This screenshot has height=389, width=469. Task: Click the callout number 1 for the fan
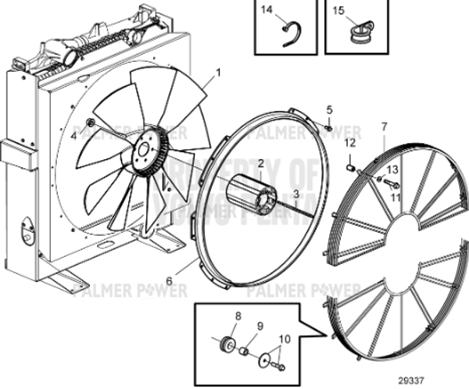point(218,72)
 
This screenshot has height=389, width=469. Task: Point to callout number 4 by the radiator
point(74,135)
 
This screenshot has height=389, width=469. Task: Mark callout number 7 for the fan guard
point(384,126)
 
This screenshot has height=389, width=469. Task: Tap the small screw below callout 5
point(328,125)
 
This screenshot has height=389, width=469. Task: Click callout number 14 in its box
point(267,10)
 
